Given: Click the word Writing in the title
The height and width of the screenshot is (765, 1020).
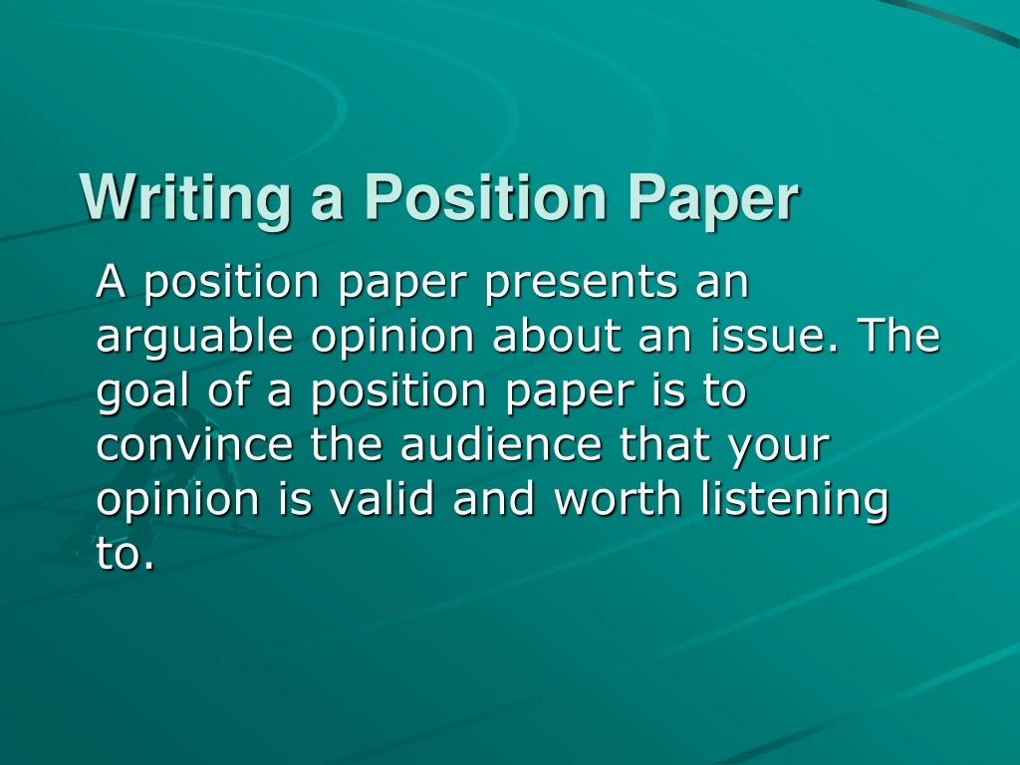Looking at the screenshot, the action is pyautogui.click(x=185, y=199).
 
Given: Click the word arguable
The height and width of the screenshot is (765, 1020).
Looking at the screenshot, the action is pyautogui.click(x=194, y=337).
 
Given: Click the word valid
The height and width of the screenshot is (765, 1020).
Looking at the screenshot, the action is pyautogui.click(x=381, y=498).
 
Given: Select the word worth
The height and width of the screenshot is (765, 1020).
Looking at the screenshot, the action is pyautogui.click(x=618, y=498).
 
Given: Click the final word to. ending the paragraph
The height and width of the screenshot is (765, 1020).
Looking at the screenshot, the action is pyautogui.click(x=127, y=554).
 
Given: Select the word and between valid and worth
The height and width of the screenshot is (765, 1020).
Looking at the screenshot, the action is pyautogui.click(x=494, y=498).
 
